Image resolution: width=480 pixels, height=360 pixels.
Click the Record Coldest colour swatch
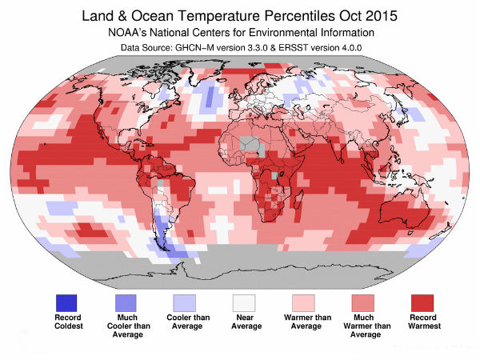click(x=66, y=302)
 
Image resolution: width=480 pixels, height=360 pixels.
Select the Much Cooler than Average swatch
click(x=126, y=302)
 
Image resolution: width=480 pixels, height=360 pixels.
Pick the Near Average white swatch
click(x=244, y=302)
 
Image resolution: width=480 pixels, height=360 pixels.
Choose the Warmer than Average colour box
click(x=304, y=302)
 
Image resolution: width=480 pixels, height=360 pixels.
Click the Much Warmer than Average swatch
click(x=363, y=302)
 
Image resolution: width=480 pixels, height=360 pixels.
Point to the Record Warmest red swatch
click(x=422, y=302)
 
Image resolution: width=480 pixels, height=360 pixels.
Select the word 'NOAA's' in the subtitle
click(x=130, y=34)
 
